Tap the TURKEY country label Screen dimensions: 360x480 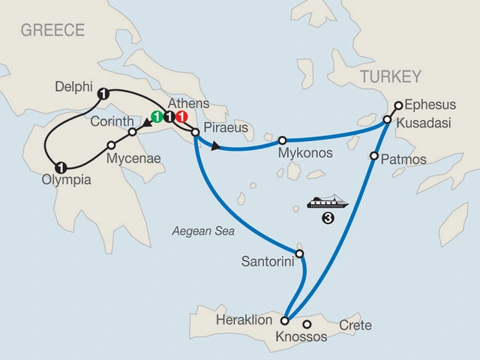point(391,76)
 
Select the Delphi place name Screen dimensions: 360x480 point(73,88)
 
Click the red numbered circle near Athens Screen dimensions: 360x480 point(182,117)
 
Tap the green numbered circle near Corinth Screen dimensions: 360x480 point(157,117)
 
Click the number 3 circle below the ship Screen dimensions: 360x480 point(328,219)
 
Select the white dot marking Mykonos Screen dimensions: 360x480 point(283,140)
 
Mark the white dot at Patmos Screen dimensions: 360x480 point(373,157)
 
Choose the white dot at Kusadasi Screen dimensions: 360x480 point(388,120)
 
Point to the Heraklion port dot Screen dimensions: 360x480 point(285,320)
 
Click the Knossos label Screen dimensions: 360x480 point(302,337)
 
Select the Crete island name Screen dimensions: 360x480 point(355,325)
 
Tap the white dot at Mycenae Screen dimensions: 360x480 point(111,145)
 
